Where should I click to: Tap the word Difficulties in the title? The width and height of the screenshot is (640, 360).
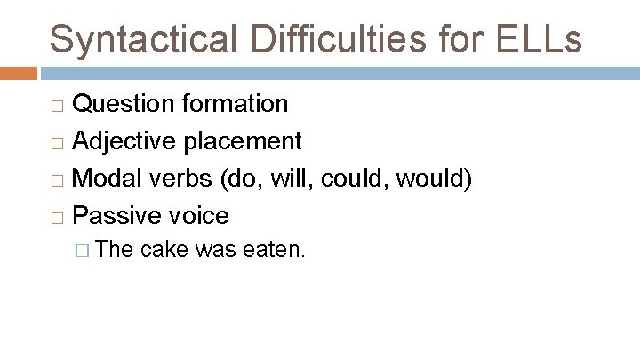click(x=313, y=39)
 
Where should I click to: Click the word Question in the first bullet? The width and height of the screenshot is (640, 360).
click(x=123, y=104)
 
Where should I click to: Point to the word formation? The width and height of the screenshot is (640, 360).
click(x=235, y=104)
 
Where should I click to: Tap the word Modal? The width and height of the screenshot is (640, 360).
click(x=106, y=178)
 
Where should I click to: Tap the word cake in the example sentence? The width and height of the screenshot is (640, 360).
click(x=164, y=251)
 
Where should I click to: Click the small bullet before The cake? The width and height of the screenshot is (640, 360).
click(x=85, y=252)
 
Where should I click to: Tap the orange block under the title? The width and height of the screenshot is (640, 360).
click(x=18, y=73)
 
